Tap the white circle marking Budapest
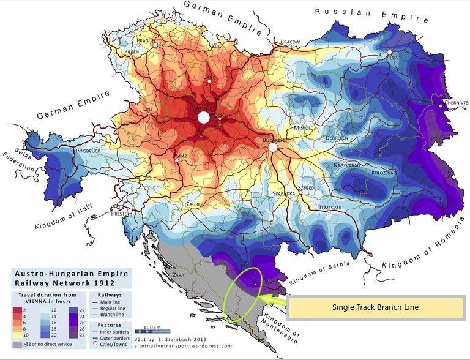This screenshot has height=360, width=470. pos(273,148)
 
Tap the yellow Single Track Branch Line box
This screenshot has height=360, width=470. pos(375,307)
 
